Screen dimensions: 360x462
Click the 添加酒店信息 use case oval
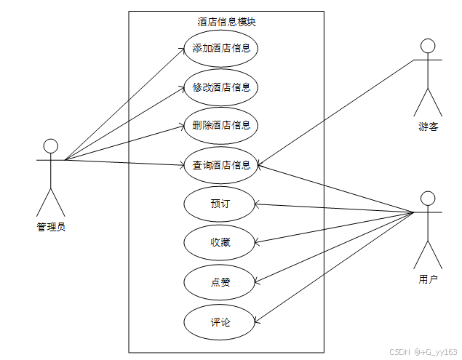coord(221,49)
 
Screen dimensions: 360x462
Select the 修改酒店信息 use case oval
coord(221,87)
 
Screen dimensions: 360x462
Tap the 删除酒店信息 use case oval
coord(221,125)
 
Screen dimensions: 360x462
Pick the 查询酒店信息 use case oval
coord(221,164)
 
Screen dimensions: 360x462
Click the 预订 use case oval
coord(220,204)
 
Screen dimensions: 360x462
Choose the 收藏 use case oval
coord(220,242)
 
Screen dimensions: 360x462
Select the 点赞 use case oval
coord(220,281)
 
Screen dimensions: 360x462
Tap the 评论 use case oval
coord(220,321)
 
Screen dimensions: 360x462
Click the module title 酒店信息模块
coord(226,22)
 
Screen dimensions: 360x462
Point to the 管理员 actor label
coord(51,226)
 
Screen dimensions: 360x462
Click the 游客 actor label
coord(429,127)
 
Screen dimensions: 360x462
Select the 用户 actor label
coord(429,279)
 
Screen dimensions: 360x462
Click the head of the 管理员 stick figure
coord(51,145)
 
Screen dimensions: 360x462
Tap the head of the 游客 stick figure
coord(429,46)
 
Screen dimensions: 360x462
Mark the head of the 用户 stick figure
coord(429,199)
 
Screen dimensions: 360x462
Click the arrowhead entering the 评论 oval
coord(254,320)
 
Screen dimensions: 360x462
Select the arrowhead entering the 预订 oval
coord(255,204)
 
